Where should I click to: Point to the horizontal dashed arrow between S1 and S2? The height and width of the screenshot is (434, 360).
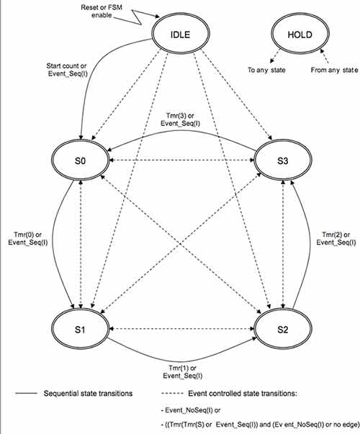(180, 328)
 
